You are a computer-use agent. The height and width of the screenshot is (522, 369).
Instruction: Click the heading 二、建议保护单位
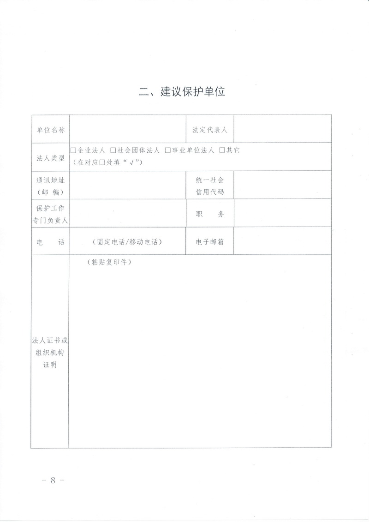pos(182,91)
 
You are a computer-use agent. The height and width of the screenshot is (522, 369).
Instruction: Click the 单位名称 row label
pos(50,130)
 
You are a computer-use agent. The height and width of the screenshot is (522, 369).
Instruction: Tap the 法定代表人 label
pos(210,130)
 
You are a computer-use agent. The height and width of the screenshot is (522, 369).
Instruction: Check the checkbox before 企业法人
pos(73,150)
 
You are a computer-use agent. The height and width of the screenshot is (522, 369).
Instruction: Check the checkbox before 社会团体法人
pos(113,150)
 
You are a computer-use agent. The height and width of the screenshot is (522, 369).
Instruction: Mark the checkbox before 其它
pos(222,150)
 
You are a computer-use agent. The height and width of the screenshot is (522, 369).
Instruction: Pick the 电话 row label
pos(50,241)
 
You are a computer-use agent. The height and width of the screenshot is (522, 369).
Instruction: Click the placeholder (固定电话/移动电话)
pos(127,241)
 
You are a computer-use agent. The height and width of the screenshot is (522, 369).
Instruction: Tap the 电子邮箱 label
pos(210,241)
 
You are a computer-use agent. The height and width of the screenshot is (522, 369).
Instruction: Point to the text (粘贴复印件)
pos(109,262)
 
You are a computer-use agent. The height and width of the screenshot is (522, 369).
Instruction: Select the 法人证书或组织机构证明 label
pos(50,353)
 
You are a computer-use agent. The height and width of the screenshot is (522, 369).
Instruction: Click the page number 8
pos(53,480)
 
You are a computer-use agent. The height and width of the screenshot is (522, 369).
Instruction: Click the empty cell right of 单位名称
pos(127,130)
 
